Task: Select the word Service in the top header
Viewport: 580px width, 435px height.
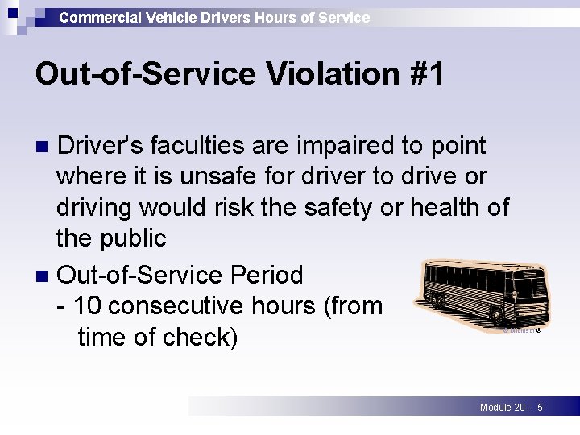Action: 345,17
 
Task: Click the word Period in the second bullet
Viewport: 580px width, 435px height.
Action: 266,275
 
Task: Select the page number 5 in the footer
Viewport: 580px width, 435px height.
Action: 540,408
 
